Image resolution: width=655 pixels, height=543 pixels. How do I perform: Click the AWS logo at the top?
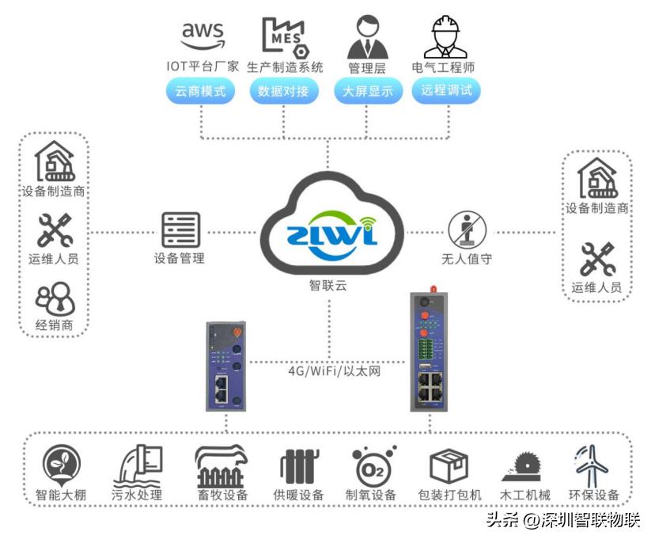click(x=203, y=35)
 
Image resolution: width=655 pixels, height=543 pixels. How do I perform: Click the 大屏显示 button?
click(x=367, y=91)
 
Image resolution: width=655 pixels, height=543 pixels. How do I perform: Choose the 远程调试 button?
click(x=446, y=90)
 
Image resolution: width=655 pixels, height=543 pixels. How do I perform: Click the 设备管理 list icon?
click(x=180, y=230)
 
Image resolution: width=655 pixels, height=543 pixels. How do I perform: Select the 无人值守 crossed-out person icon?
click(x=465, y=230)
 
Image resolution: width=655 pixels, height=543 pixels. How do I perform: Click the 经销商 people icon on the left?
click(x=54, y=300)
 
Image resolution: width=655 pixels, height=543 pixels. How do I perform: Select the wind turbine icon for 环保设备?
click(x=592, y=465)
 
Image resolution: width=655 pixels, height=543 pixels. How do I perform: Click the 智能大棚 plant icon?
click(x=60, y=465)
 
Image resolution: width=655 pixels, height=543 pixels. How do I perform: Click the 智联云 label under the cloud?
click(x=327, y=286)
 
